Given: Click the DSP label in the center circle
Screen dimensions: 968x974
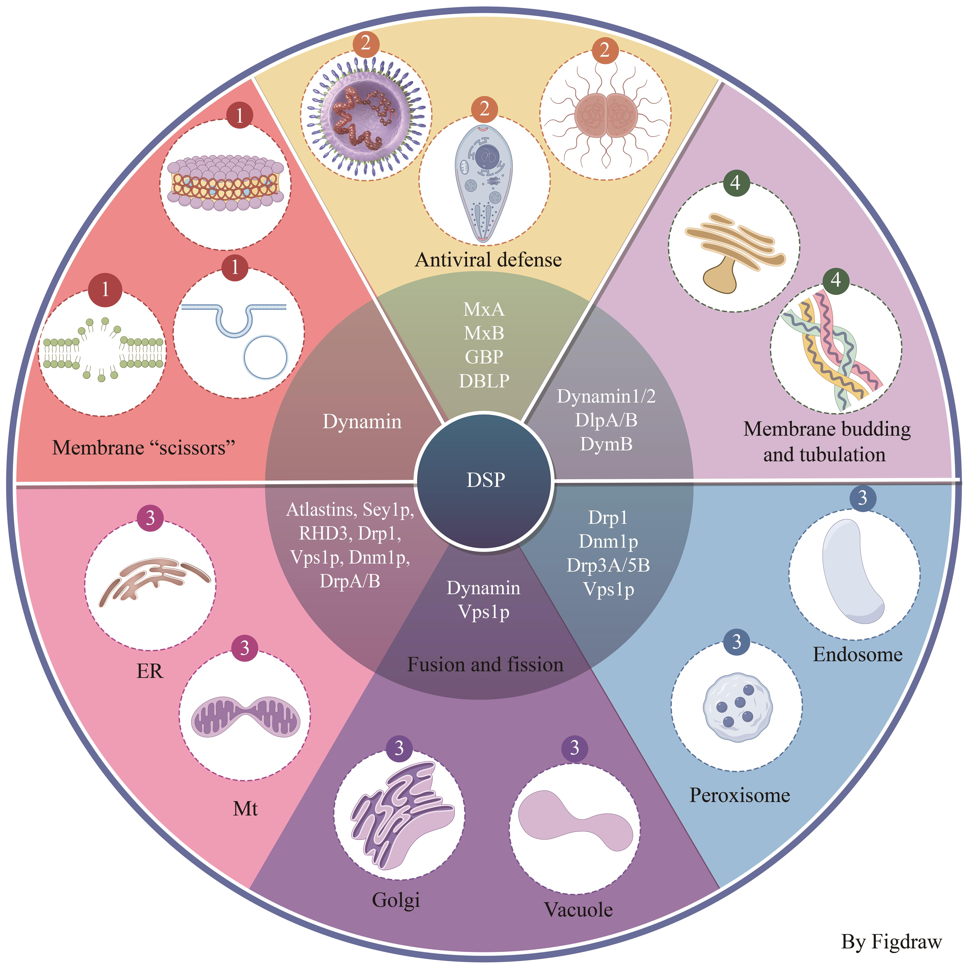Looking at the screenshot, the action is coord(486,480).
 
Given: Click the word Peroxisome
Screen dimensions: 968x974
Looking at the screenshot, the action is coord(740,795).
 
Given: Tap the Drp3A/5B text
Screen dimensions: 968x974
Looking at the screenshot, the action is coord(608,565).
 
